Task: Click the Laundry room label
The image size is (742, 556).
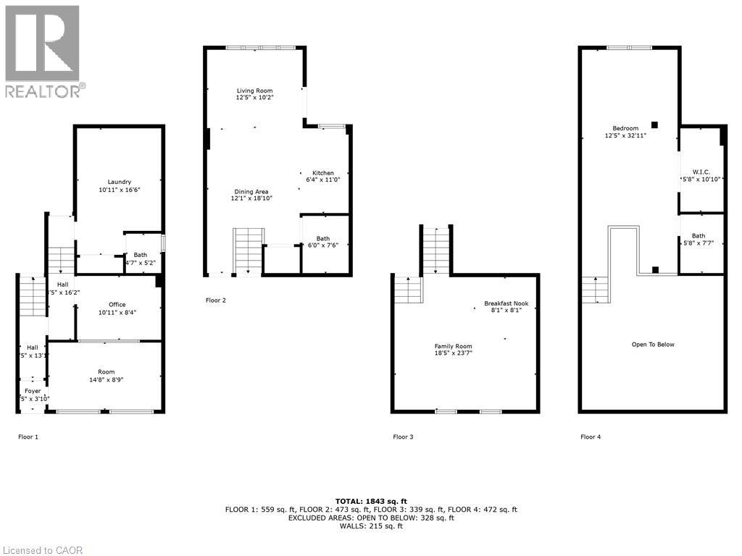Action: point(119,182)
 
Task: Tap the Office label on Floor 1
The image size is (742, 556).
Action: point(117,305)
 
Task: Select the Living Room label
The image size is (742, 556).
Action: point(254,90)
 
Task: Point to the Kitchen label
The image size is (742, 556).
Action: point(322,173)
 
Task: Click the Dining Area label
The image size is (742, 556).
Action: point(253,192)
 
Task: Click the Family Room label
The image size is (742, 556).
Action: point(449,347)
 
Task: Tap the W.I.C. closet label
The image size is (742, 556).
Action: point(701,172)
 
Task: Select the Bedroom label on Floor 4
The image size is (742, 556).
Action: point(625,128)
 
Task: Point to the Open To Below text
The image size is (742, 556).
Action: point(653,345)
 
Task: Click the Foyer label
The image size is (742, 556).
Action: point(33,391)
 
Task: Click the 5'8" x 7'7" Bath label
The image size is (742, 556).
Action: point(699,236)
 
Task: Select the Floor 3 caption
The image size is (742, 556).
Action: point(403,437)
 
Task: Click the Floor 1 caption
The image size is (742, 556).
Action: point(28,437)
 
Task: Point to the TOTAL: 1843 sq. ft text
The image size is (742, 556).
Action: point(371,501)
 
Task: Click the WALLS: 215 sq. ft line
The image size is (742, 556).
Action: point(371,526)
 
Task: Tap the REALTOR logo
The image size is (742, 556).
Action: point(43,51)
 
